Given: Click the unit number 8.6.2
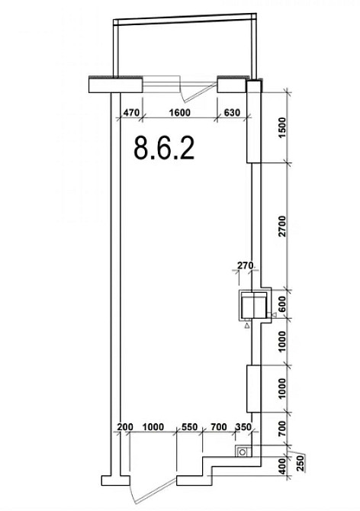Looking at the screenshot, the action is (164, 148).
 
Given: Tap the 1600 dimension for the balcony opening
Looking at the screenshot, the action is (179, 113).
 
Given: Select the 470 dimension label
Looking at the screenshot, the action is (131, 113).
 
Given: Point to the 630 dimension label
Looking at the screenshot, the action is (232, 113).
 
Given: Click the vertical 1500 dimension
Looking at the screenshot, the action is (282, 128).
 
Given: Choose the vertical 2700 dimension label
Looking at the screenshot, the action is (282, 227).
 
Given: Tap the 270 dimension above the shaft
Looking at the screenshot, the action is (245, 265).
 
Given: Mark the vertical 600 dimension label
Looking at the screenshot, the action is (282, 304).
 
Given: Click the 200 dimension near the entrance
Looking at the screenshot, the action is (125, 427).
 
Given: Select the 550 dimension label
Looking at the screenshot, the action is (189, 427).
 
